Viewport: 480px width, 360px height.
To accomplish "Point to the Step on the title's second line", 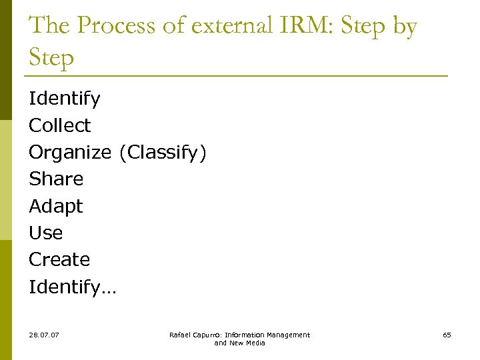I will click(x=51, y=59).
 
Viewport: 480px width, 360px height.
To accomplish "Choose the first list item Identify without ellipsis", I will click(x=65, y=99).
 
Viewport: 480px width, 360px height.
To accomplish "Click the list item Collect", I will click(x=59, y=125).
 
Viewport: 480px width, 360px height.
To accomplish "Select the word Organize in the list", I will click(x=70, y=153).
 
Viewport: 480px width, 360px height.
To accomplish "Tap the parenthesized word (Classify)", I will click(x=163, y=153).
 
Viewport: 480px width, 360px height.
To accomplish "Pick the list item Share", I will click(x=56, y=179).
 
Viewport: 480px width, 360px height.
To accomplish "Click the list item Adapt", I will click(x=56, y=206).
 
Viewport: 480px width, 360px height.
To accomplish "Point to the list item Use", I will click(x=45, y=233).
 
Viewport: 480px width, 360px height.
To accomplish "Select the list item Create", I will click(x=59, y=259).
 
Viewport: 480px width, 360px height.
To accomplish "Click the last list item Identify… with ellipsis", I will click(x=72, y=287).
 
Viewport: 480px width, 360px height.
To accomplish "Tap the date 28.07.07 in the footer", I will click(x=44, y=335).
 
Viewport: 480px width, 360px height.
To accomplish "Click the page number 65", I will click(x=447, y=335).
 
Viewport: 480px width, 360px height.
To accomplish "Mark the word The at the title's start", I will click(x=49, y=27).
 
